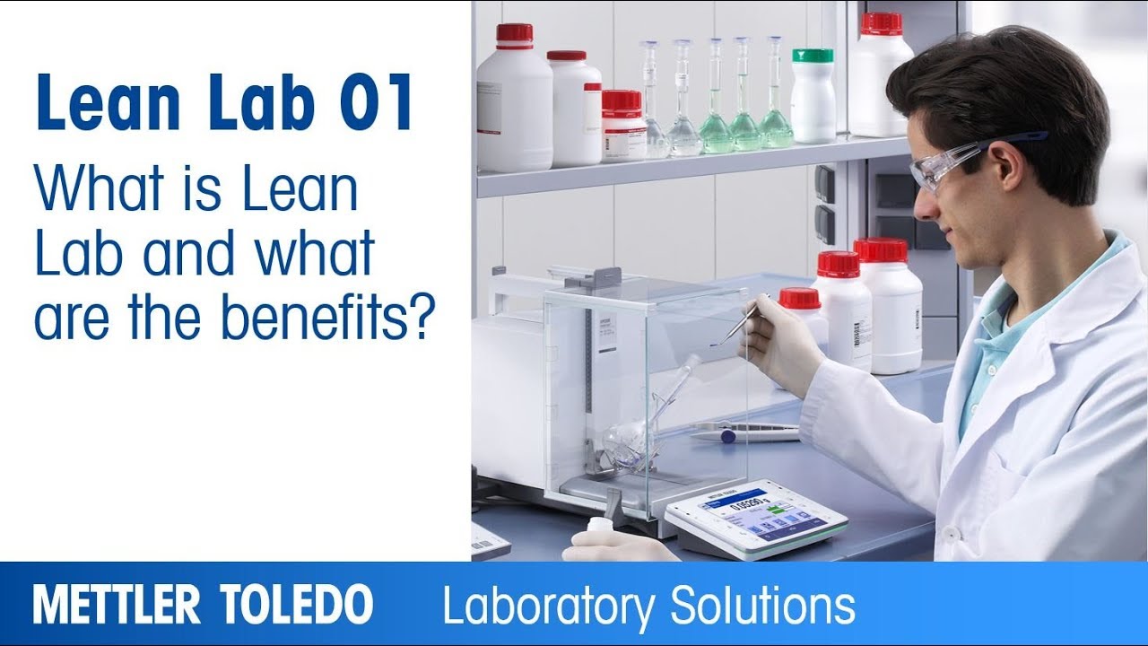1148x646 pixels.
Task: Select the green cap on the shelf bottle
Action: tap(813, 56)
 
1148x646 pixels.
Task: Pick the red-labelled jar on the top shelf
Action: tap(623, 126)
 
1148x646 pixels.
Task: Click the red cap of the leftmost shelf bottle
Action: tap(514, 34)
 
